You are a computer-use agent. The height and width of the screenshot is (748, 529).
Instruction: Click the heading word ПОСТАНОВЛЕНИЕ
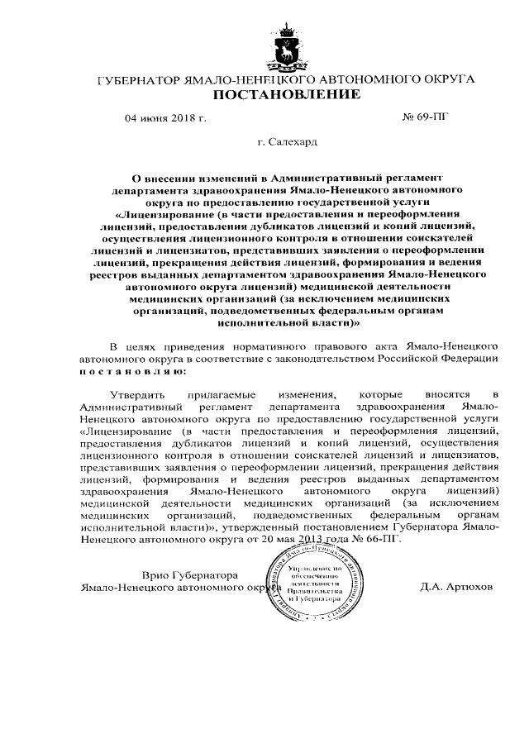point(287,95)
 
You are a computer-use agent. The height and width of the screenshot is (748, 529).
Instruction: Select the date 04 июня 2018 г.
point(165,118)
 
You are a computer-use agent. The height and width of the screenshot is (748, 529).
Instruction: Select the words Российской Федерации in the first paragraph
point(441,359)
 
